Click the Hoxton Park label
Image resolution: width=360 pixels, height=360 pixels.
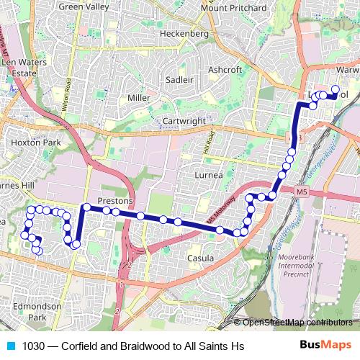(x=30, y=143)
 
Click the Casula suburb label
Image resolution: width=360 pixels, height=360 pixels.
(x=200, y=258)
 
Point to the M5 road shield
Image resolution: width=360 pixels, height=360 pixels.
(x=301, y=192)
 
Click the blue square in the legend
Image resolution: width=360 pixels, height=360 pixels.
(x=9, y=346)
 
